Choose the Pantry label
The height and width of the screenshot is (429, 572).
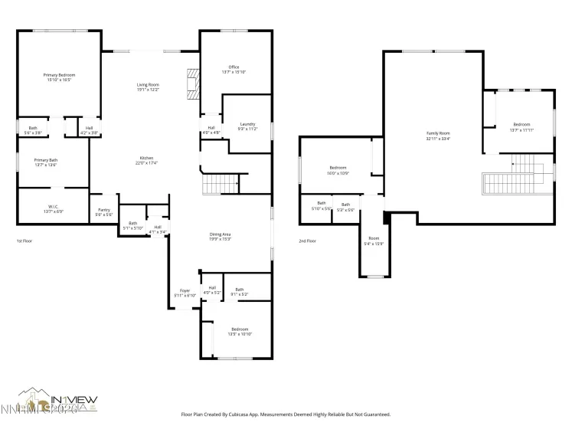tap(104, 212)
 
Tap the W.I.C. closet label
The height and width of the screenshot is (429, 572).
tap(54, 208)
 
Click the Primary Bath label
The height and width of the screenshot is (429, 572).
tap(45, 162)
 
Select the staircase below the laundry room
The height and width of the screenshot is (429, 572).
tap(220, 184)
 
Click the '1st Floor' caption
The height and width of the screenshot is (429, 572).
tap(25, 241)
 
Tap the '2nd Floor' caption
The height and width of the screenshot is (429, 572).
tap(308, 241)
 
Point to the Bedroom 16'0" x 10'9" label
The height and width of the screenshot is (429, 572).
tap(338, 169)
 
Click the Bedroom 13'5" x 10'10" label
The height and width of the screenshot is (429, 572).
tap(240, 331)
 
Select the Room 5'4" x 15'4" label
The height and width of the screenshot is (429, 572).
tap(374, 241)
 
